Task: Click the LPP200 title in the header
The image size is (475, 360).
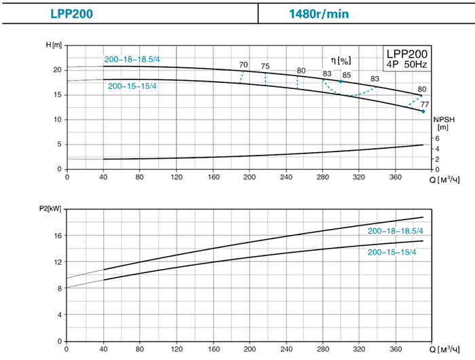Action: point(71,13)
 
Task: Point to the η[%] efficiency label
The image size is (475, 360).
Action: point(340,60)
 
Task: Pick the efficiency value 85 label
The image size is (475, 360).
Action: point(346,75)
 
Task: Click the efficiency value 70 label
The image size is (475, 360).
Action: point(244,65)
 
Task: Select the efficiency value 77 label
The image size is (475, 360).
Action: point(425,104)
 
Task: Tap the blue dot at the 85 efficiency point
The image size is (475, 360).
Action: point(341,82)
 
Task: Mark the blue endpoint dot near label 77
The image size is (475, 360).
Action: point(423,111)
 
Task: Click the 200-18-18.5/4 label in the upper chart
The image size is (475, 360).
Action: point(131,60)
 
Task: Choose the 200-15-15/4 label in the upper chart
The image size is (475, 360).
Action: point(132,86)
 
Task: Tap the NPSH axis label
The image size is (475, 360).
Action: point(442,122)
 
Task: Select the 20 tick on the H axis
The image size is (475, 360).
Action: point(58,70)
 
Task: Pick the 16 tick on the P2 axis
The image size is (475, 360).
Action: point(58,235)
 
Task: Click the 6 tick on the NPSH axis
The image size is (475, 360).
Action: point(437,139)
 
